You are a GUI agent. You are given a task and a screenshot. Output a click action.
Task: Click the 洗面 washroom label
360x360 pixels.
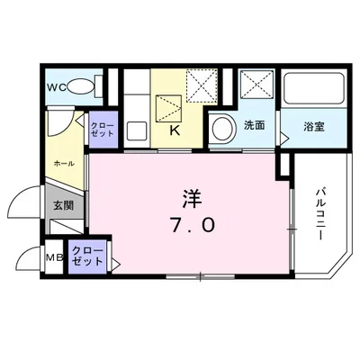coord(255,127)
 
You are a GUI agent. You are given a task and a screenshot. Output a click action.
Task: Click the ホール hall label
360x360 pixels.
coord(64,164)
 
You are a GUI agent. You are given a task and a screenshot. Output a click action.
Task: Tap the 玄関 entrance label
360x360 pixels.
coord(63,205)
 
